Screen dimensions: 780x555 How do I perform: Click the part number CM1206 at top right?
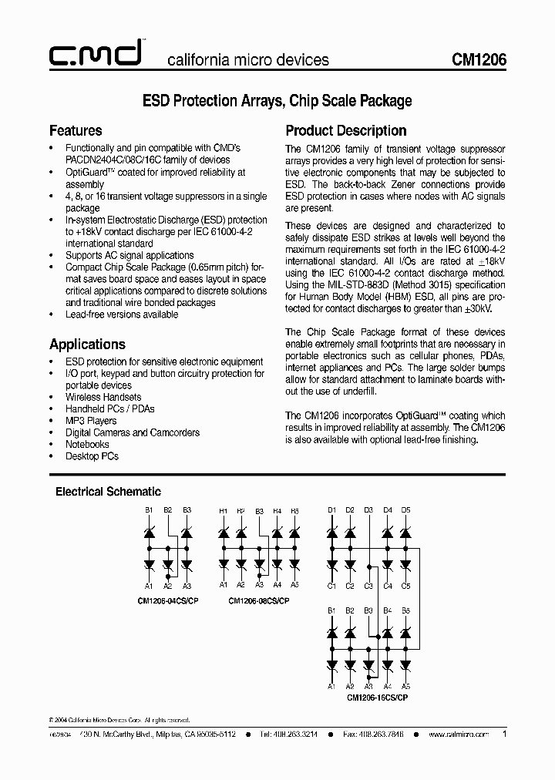479,59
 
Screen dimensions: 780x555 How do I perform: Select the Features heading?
76,130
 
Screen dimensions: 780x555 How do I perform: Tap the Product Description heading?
346,130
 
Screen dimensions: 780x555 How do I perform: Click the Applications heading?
87,344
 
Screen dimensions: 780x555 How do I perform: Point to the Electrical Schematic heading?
108,491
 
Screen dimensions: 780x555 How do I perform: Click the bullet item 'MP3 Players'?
91,421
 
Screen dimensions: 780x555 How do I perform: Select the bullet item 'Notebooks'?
87,444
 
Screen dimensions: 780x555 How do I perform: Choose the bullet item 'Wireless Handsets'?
103,397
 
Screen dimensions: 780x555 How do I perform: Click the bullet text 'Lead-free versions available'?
122,314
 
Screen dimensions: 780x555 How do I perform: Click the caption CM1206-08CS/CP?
260,600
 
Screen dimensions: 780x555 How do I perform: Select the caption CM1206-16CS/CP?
377,697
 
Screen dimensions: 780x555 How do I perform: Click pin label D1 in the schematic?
331,509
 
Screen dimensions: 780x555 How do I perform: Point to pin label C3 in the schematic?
368,586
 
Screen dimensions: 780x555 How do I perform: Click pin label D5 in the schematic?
406,509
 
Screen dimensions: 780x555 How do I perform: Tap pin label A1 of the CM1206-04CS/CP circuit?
150,586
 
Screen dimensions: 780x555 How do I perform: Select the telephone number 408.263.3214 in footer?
295,735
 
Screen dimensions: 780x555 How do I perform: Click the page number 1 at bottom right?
504,735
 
